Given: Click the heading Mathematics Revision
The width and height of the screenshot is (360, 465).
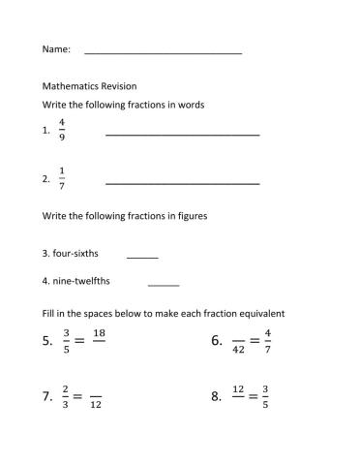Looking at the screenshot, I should point(89,85).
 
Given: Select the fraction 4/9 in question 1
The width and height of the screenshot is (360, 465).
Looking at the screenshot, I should point(62,129).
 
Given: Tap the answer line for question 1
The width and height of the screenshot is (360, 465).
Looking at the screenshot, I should point(182,134).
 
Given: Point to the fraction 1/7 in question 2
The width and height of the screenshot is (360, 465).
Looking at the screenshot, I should point(62,178).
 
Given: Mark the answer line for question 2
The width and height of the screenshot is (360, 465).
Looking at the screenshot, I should point(182,182).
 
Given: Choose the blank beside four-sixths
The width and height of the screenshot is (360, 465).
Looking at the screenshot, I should point(142,257).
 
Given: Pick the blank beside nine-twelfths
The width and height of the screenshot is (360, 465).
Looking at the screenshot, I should point(164,285).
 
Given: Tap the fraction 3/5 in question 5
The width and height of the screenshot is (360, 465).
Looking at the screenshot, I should point(66,340).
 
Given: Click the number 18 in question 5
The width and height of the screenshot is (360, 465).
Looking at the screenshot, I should point(99,333).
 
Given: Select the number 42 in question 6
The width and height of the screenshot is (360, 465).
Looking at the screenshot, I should point(237,348).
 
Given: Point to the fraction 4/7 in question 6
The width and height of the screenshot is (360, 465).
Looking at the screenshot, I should point(268,340).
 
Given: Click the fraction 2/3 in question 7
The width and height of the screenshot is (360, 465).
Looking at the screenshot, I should point(66,396).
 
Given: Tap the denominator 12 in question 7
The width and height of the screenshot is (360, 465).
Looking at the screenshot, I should point(96,404).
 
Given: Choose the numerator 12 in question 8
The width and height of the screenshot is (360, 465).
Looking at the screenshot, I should point(237,389).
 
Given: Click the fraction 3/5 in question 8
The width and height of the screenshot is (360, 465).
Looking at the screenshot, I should point(268,396).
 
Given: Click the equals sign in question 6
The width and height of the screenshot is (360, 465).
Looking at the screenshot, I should point(254,340).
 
